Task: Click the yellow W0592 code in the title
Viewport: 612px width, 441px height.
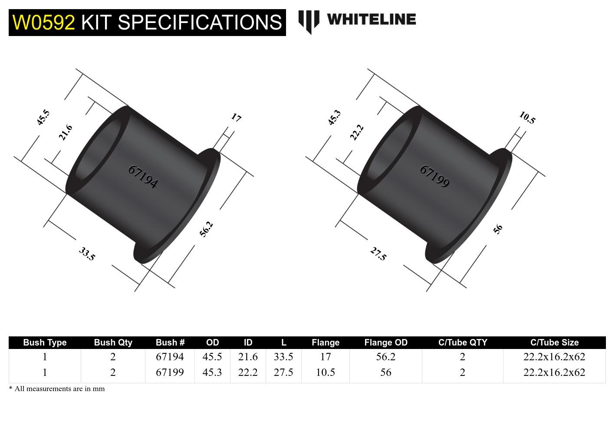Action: click(x=43, y=22)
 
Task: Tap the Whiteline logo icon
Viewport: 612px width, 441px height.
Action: click(x=309, y=22)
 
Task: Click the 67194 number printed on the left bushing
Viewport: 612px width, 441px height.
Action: click(x=143, y=177)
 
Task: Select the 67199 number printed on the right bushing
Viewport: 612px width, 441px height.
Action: click(x=434, y=176)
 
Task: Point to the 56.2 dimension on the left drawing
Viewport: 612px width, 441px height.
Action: click(x=207, y=229)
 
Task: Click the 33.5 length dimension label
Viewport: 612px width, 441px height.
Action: click(x=87, y=253)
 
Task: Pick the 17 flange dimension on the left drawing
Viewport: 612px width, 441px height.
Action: click(x=236, y=117)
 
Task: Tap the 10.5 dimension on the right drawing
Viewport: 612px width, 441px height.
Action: click(x=527, y=118)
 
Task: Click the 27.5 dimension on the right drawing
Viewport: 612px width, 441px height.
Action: click(x=378, y=253)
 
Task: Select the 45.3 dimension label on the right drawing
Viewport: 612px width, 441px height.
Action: click(x=334, y=118)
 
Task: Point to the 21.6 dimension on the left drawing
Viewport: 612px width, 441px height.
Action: click(x=65, y=132)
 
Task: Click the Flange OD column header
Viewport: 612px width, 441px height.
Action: click(x=385, y=342)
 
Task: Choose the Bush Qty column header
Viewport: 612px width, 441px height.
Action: click(x=113, y=342)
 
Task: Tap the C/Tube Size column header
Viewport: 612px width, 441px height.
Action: click(x=554, y=342)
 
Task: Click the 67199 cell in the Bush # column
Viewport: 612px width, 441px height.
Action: click(x=170, y=372)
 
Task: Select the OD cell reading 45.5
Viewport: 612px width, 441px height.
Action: click(x=212, y=357)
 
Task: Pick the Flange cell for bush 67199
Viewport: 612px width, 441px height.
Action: click(x=325, y=372)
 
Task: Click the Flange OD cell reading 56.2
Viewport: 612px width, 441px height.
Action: click(x=385, y=357)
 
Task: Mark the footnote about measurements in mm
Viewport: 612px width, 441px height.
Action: click(x=57, y=389)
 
